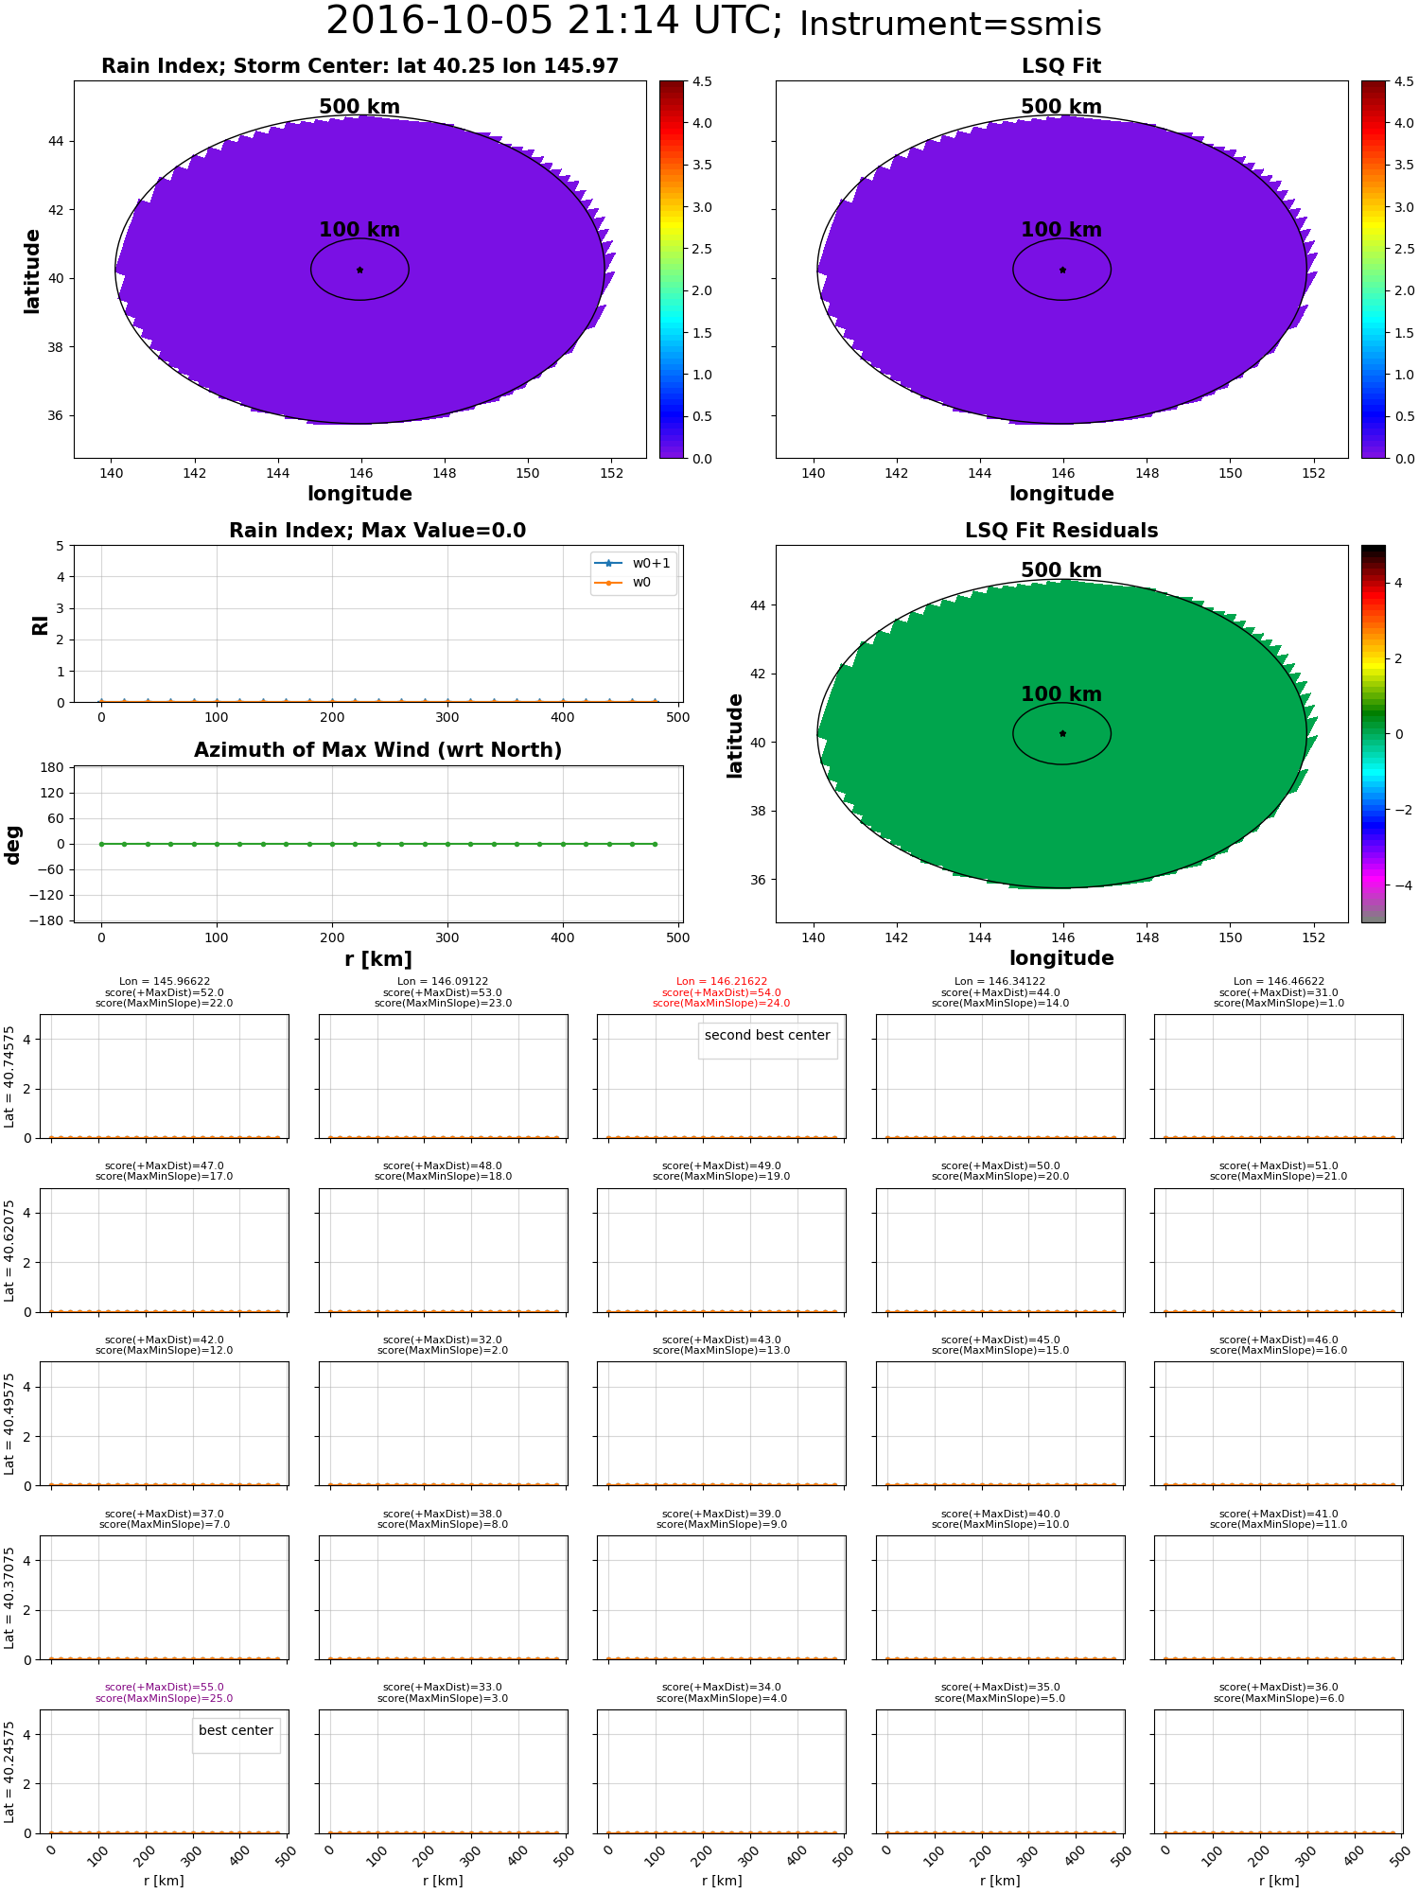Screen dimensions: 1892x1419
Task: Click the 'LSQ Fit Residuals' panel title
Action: pyautogui.click(x=1061, y=531)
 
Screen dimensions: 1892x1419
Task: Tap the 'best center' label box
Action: pyautogui.click(x=236, y=1730)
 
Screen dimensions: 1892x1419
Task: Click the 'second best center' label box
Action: pyautogui.click(x=767, y=1035)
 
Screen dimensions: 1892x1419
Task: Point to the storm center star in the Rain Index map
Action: pyautogui.click(x=359, y=270)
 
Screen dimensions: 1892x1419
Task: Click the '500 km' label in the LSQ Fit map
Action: pyautogui.click(x=1061, y=107)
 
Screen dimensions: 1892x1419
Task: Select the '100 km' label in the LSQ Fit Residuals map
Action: pyautogui.click(x=1061, y=693)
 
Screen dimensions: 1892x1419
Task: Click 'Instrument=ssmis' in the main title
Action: pyautogui.click(x=950, y=25)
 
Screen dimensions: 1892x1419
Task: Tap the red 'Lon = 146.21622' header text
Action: pyautogui.click(x=722, y=982)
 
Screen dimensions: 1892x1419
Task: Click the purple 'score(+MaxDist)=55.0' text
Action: pyautogui.click(x=165, y=1688)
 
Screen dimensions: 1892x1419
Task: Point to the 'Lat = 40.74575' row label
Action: pyautogui.click(x=9, y=1077)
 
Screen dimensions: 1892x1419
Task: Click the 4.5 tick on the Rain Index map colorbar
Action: pyautogui.click(x=701, y=81)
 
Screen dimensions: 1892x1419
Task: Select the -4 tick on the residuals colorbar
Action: pyautogui.click(x=1397, y=885)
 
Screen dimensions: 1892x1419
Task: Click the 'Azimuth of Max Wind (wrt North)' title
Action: pyautogui.click(x=377, y=750)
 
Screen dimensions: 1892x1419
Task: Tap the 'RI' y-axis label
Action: pyautogui.click(x=40, y=624)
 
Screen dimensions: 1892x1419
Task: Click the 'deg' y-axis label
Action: pyautogui.click(x=13, y=844)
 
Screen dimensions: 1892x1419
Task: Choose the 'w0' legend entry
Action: pyautogui.click(x=641, y=583)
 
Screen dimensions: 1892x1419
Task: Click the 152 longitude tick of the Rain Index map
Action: pyautogui.click(x=611, y=473)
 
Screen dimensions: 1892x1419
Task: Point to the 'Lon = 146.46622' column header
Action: pyautogui.click(x=1278, y=982)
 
